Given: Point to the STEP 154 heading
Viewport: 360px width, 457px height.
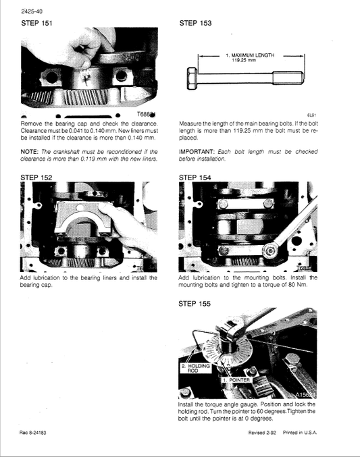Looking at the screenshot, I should [x=195, y=178].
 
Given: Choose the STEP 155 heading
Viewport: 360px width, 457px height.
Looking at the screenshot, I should [x=195, y=304].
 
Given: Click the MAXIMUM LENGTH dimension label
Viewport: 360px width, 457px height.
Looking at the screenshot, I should [x=251, y=57].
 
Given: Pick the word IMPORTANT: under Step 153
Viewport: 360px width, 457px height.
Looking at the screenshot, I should [x=199, y=151].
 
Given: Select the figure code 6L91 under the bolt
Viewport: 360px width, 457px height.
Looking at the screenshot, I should [x=311, y=115].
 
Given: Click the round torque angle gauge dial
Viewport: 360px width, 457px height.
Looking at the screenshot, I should [x=233, y=352].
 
